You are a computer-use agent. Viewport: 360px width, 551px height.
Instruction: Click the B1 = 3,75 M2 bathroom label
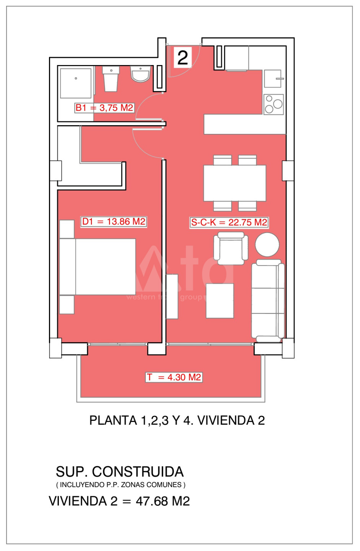(104, 108)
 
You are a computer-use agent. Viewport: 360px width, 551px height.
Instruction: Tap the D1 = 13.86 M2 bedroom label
(114, 222)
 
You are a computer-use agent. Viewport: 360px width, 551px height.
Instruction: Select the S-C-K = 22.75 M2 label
(229, 222)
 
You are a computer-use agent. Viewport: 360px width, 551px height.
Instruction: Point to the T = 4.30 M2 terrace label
(174, 377)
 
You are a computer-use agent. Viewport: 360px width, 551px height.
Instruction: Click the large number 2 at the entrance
(183, 58)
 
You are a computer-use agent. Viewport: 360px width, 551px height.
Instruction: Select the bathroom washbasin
(140, 74)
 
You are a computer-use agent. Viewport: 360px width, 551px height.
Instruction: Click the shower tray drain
(76, 78)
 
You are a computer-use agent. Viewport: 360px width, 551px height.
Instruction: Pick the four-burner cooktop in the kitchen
(274, 104)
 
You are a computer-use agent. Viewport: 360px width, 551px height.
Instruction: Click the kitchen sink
(273, 79)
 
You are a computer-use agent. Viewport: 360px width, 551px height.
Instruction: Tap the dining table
(235, 183)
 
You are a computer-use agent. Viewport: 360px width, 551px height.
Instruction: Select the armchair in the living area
(231, 248)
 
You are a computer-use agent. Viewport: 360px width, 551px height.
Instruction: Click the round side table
(267, 245)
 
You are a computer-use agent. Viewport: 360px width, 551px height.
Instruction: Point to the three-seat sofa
(268, 301)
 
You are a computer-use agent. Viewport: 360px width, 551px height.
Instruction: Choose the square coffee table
(220, 301)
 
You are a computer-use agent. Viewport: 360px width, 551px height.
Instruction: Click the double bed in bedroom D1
(98, 267)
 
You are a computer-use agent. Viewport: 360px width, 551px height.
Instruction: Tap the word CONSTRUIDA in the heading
(138, 472)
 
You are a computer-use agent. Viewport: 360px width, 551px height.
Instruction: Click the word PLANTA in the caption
(113, 420)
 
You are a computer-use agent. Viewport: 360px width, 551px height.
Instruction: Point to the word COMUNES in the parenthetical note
(164, 485)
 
